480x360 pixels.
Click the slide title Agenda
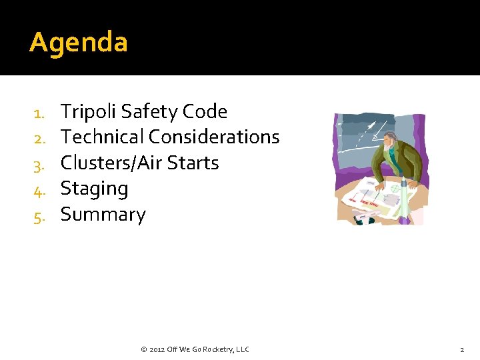tap(79, 43)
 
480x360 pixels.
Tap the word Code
tap(205, 111)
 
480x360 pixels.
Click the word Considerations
tap(214, 137)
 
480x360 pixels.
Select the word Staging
tap(94, 189)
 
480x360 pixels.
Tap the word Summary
tap(103, 215)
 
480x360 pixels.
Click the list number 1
tap(38, 113)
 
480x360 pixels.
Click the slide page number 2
tap(461, 349)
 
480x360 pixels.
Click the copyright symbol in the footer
tap(144, 349)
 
